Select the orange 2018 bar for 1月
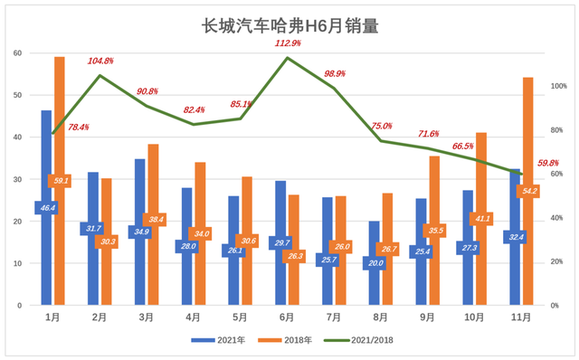pyautogui.click(x=60, y=136)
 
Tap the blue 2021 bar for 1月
pyautogui.click(x=46, y=163)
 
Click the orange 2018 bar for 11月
pyautogui.click(x=528, y=145)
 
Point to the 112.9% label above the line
pyautogui.click(x=287, y=43)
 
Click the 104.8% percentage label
pyautogui.click(x=100, y=61)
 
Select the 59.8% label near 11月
pyautogui.click(x=548, y=163)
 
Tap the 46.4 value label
pyautogui.click(x=46, y=208)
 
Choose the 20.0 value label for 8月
pyautogui.click(x=374, y=263)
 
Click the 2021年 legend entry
pyautogui.click(x=214, y=340)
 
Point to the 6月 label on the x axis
pyautogui.click(x=287, y=317)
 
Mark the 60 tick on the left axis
pyautogui.click(x=17, y=53)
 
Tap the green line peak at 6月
pyautogui.click(x=287, y=58)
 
